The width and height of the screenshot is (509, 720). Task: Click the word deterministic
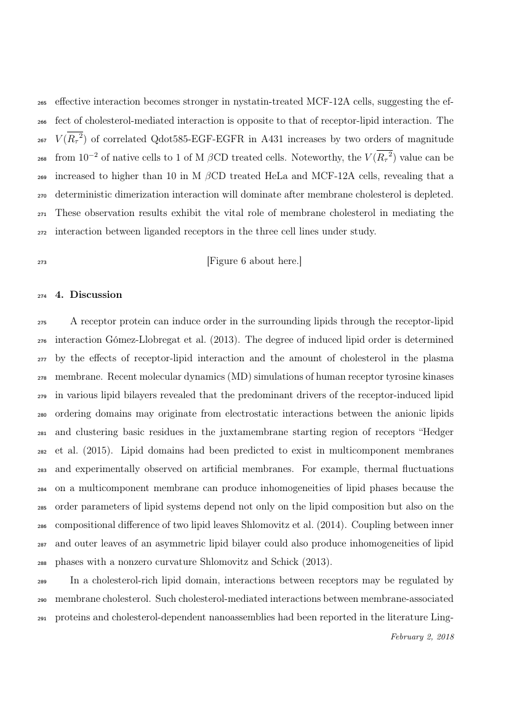coord(86,194)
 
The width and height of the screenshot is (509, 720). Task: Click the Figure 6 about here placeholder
coord(254,261)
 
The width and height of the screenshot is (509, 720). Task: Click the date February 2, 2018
coord(422,636)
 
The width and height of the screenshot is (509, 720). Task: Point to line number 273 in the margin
coord(42,262)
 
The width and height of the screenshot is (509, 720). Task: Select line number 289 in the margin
coord(42,580)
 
